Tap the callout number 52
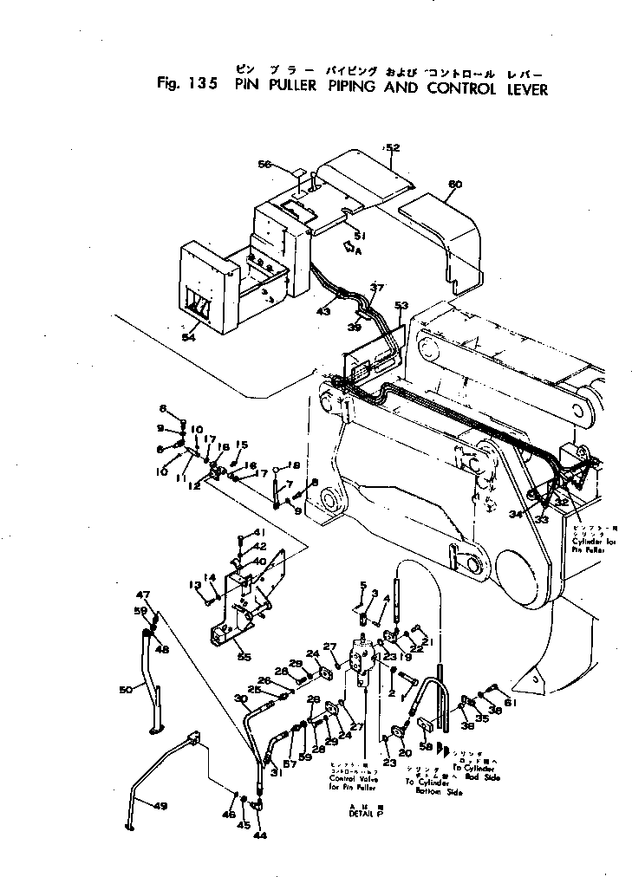click(x=392, y=148)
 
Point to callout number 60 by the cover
click(x=455, y=184)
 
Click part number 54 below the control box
click(x=189, y=337)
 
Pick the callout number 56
click(x=264, y=164)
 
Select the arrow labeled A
click(x=350, y=249)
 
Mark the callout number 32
click(x=562, y=502)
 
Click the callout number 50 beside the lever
click(x=127, y=690)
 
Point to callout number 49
click(x=160, y=806)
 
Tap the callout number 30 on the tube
click(x=240, y=699)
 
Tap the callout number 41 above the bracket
click(x=257, y=531)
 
